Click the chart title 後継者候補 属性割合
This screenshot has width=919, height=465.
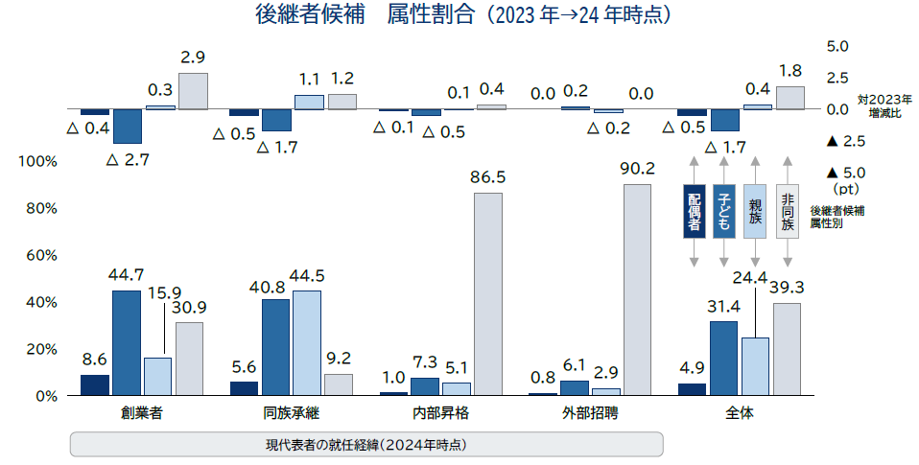coord(459,15)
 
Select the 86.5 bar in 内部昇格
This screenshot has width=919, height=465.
coord(488,293)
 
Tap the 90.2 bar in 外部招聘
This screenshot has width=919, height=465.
coord(637,289)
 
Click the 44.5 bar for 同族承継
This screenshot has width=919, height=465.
coord(307,342)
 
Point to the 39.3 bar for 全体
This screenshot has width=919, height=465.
coord(787,349)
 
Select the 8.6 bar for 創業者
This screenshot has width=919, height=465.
coord(94,384)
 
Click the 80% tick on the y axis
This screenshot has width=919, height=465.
coord(39,208)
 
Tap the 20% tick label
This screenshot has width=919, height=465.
coord(39,349)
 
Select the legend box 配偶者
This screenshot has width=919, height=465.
coord(695,211)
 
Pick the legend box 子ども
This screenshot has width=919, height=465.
coord(724,211)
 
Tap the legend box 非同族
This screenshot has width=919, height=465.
coord(787,211)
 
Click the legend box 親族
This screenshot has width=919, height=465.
coord(755,211)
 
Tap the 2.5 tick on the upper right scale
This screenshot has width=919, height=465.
coord(837,77)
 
